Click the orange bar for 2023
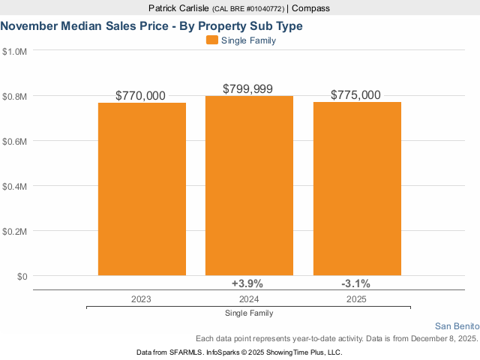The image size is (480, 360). [142, 189]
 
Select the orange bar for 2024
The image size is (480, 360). [250, 185]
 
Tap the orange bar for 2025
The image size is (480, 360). [357, 188]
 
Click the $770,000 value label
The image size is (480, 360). [141, 96]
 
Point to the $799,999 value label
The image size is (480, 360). [248, 88]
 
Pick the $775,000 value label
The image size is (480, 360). [356, 95]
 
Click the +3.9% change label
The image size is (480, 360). [247, 283]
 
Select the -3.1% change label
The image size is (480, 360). [355, 283]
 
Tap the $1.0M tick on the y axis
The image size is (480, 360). [15, 52]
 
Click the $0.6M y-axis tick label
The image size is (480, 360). [15, 141]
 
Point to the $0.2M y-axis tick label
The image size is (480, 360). [15, 231]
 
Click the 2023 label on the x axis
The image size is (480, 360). [140, 298]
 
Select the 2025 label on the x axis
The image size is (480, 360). [356, 298]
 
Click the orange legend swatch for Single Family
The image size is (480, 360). [211, 40]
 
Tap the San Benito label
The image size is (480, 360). [456, 325]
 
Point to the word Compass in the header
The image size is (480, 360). [310, 8]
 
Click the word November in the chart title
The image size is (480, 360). [31, 26]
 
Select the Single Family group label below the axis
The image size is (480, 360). [249, 313]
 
